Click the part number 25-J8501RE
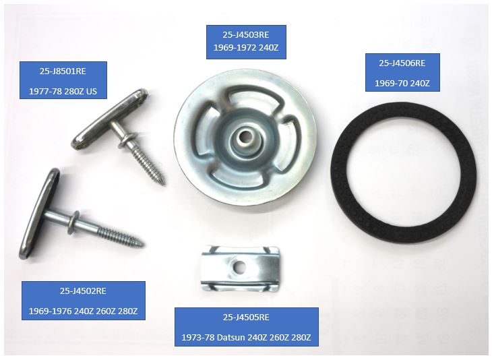pos(63,71)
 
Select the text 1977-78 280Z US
pos(63,91)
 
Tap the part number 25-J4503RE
pos(246,34)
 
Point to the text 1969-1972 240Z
pos(246,48)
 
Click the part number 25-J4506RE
pos(402,63)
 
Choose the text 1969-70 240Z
pos(402,84)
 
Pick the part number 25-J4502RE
pos(83,291)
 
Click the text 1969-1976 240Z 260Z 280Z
pos(83,311)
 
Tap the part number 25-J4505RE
pos(246,318)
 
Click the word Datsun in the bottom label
pos(231,338)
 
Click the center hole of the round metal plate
pos(243,138)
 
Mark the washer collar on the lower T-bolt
pos(75,219)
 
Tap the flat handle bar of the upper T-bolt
pos(110,119)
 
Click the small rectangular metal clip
pos(240,269)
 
